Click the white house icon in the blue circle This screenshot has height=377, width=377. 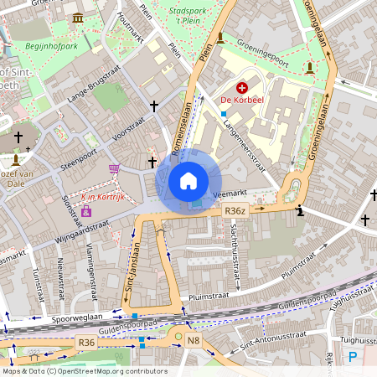pyautogui.click(x=188, y=181)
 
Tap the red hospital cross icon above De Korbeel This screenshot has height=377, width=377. pyautogui.click(x=242, y=87)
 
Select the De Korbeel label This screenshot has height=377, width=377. pyautogui.click(x=241, y=101)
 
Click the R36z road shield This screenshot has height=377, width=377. pyautogui.click(x=235, y=212)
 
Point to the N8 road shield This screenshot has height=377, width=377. pyautogui.click(x=194, y=340)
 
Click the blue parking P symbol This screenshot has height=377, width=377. pyautogui.click(x=353, y=356)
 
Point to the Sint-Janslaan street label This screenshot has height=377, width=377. pyautogui.click(x=131, y=267)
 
